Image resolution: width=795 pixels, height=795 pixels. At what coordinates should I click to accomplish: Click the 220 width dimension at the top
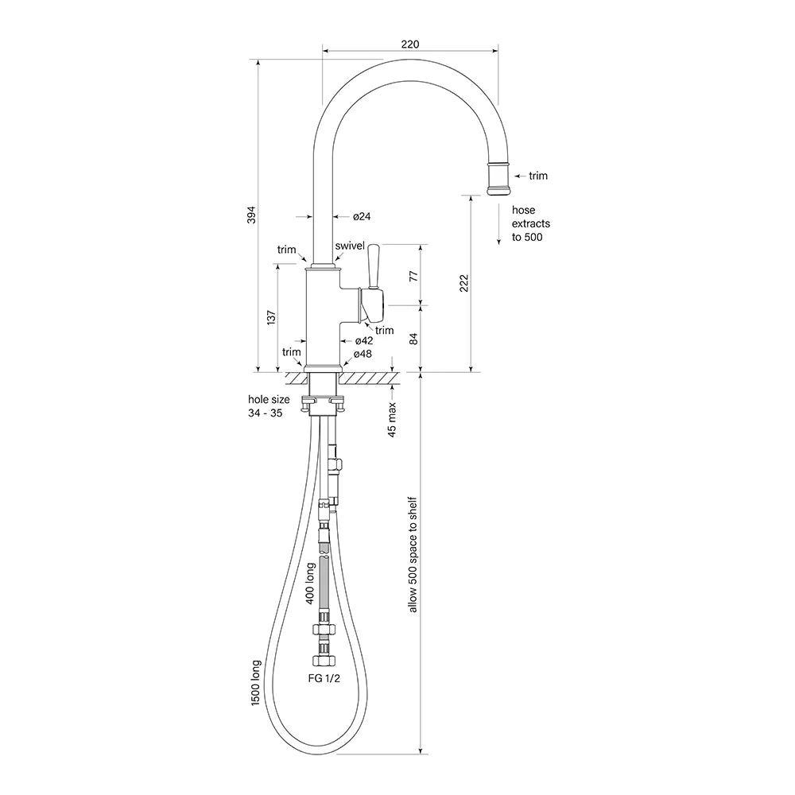point(410,44)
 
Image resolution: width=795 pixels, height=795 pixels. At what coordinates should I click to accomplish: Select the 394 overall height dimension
point(251,215)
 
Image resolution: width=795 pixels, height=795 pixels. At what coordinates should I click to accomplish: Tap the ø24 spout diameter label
point(362,216)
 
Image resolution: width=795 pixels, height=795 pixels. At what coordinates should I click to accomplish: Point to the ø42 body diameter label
point(364,341)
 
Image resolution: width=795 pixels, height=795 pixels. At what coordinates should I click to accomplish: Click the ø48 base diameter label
point(363,354)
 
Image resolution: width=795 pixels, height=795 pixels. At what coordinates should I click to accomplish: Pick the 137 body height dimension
point(271,317)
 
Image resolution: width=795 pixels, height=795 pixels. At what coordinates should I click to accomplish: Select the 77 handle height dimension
point(413,277)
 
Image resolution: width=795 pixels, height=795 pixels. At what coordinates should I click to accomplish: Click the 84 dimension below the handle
point(413,339)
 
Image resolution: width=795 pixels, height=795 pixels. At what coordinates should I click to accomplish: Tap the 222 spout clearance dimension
point(464,283)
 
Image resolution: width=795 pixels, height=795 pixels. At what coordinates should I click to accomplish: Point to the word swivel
point(350,246)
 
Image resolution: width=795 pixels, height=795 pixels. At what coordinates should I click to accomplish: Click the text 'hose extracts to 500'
point(530,223)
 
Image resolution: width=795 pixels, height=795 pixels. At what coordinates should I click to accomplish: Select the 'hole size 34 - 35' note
point(269,406)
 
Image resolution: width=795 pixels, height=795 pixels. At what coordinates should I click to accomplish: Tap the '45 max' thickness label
point(392,420)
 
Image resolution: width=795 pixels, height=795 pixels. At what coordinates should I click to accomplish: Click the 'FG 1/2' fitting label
point(324,678)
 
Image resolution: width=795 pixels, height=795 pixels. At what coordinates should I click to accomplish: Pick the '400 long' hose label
point(310,583)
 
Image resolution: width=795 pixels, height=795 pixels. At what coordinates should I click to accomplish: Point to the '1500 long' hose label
point(255,683)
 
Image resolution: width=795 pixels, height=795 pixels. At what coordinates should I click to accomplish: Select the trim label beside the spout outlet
point(538,176)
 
